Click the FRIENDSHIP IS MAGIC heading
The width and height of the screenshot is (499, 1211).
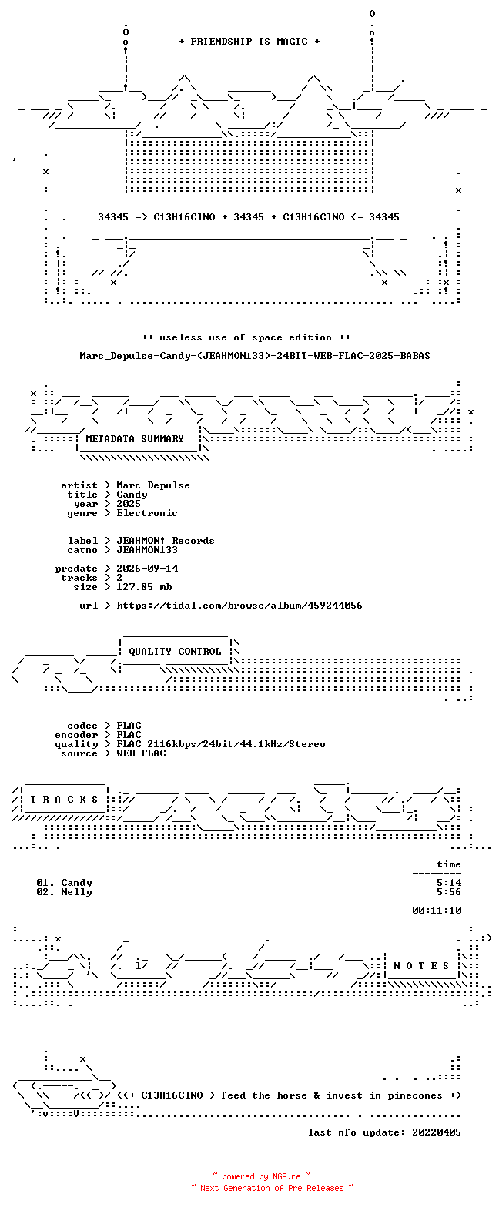coord(249,42)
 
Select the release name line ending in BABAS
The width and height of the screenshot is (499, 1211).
coord(255,356)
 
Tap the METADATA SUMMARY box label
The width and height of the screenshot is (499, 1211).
coord(135,439)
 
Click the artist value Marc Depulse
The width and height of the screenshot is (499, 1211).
coord(153,485)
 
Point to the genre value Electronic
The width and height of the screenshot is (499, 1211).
coord(147,513)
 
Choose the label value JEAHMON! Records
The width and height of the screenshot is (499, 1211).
coord(166,541)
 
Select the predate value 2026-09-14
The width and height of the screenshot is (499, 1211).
coord(147,569)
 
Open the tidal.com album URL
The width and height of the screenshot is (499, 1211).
coord(239,605)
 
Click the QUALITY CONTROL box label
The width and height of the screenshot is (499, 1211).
coord(175,652)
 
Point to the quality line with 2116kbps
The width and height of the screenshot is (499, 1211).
coord(221,744)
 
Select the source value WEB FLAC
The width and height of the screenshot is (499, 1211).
coord(141,753)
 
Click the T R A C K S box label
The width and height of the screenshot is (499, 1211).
coord(65,800)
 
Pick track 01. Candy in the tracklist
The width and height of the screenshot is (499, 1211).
coord(65,883)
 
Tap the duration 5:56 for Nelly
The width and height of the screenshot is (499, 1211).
coord(449,892)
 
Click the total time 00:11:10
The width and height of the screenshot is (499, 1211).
coord(437,911)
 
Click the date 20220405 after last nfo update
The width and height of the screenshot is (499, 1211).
coord(437,1132)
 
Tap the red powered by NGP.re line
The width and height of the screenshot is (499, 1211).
coord(262,1176)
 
